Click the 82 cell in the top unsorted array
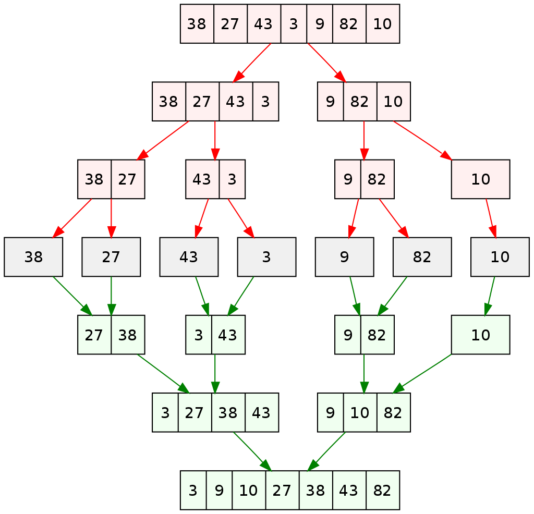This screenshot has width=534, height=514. pyautogui.click(x=349, y=23)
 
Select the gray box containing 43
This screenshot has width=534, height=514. pyautogui.click(x=189, y=256)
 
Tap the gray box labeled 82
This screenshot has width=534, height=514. pyautogui.click(x=422, y=256)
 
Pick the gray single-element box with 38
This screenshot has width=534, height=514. pyautogui.click(x=33, y=256)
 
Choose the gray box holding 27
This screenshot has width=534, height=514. pyautogui.click(x=111, y=256)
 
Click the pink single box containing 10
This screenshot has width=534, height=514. pyautogui.click(x=480, y=179)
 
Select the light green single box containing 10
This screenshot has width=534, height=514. pyautogui.click(x=480, y=335)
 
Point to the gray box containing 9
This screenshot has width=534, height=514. pyautogui.click(x=344, y=256)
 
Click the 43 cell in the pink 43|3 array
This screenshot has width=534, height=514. pyautogui.click(x=202, y=179)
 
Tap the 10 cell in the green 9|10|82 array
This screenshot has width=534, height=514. pyautogui.click(x=360, y=412)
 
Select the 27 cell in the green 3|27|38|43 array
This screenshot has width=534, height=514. pyautogui.click(x=195, y=412)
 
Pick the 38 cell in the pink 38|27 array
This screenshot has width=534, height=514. pyautogui.click(x=94, y=179)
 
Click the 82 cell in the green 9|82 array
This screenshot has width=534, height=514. pyautogui.click(x=377, y=335)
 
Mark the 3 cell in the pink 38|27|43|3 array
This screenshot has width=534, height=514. pyautogui.click(x=265, y=101)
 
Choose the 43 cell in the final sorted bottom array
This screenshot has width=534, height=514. pyautogui.click(x=349, y=490)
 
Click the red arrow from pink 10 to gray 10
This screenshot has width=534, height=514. pyautogui.click(x=491, y=218)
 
